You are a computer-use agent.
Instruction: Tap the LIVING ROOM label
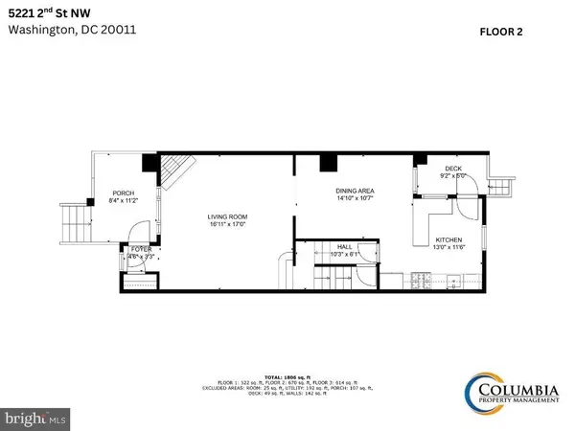(228, 216)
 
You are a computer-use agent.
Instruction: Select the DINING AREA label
(355, 192)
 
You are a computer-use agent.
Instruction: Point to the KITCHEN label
(449, 239)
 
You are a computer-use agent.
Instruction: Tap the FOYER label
(141, 249)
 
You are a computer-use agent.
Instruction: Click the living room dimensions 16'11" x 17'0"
(228, 225)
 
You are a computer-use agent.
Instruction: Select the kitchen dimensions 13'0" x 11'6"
(449, 248)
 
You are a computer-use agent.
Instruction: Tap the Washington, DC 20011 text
(57, 29)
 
